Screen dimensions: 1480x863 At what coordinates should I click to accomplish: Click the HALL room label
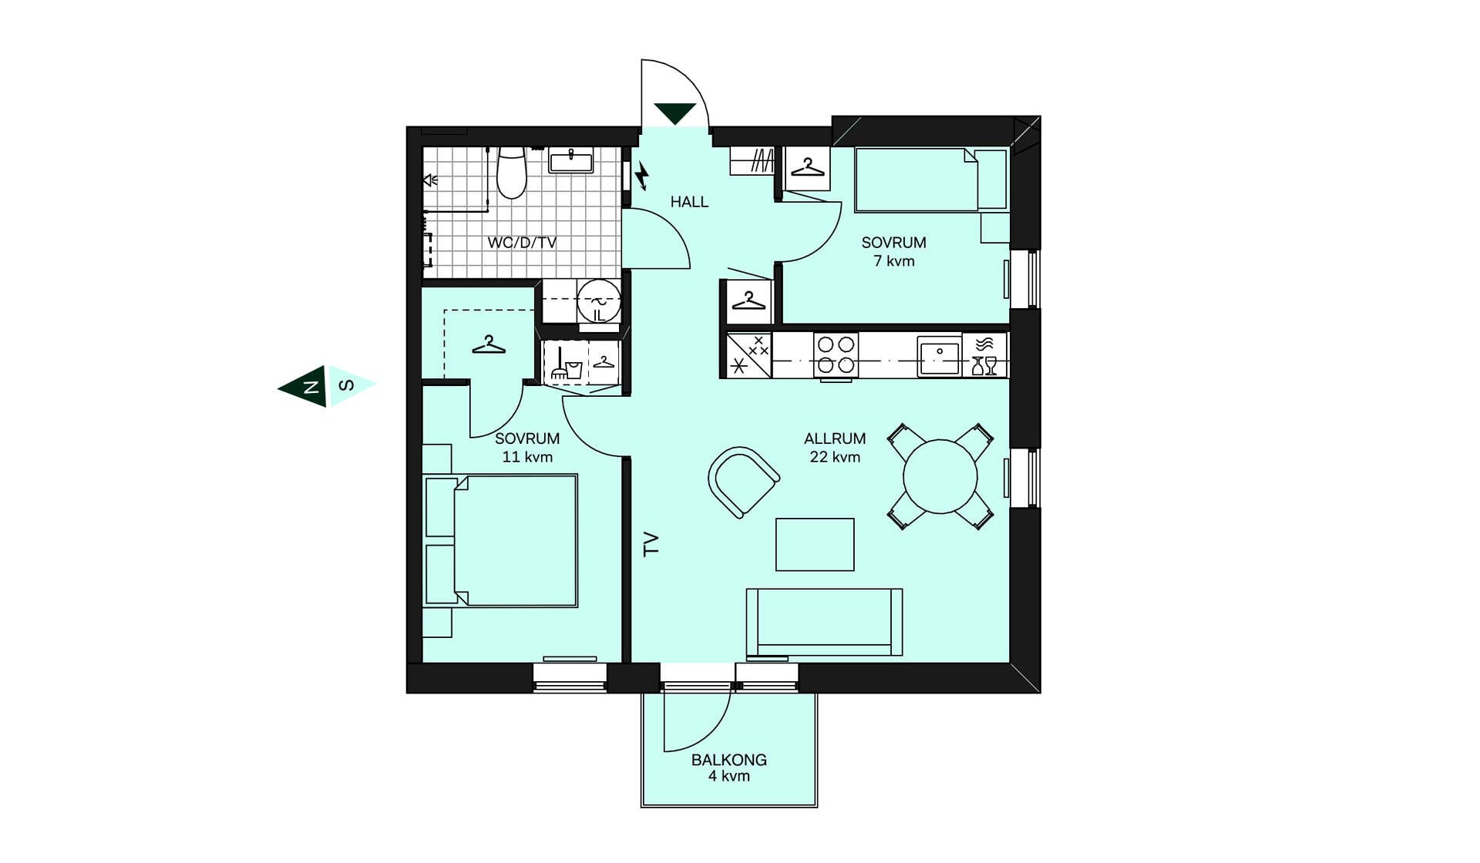689,202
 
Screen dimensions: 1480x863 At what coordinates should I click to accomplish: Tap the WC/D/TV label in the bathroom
522,242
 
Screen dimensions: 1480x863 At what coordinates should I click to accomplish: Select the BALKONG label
729,760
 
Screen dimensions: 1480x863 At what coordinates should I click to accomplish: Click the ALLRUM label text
835,438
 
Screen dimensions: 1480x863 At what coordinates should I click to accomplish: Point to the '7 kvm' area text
894,261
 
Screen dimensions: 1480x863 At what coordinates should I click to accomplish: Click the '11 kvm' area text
527,457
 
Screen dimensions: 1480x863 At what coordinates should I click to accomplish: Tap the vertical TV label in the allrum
651,544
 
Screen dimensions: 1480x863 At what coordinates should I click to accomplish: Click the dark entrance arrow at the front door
675,113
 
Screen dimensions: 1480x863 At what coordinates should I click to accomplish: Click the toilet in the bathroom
511,172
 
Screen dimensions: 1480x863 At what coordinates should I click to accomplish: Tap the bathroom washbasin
570,161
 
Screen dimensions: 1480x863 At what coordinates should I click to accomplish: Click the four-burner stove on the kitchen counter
836,354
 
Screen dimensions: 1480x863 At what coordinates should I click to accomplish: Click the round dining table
940,476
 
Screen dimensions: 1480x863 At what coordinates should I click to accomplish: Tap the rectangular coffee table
815,545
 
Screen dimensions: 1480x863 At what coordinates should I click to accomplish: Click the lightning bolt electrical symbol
641,176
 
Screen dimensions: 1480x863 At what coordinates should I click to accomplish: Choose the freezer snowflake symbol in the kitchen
739,365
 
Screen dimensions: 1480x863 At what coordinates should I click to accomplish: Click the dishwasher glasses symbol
984,365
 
